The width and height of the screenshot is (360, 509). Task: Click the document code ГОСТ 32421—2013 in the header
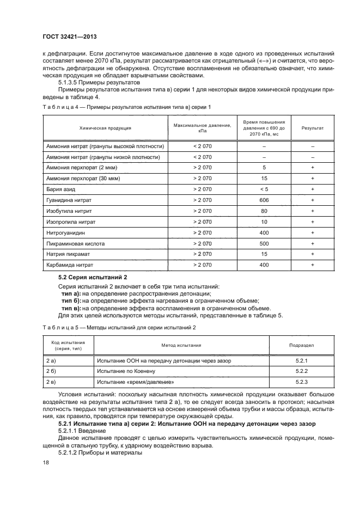(66, 37)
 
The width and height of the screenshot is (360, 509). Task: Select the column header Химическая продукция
(105, 128)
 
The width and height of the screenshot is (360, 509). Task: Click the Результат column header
(313, 128)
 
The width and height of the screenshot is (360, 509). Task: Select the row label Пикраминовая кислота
(75, 243)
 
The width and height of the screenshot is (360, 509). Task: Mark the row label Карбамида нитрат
(70, 265)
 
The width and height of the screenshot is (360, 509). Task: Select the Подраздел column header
(301, 345)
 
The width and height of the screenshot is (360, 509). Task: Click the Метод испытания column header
(181, 345)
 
